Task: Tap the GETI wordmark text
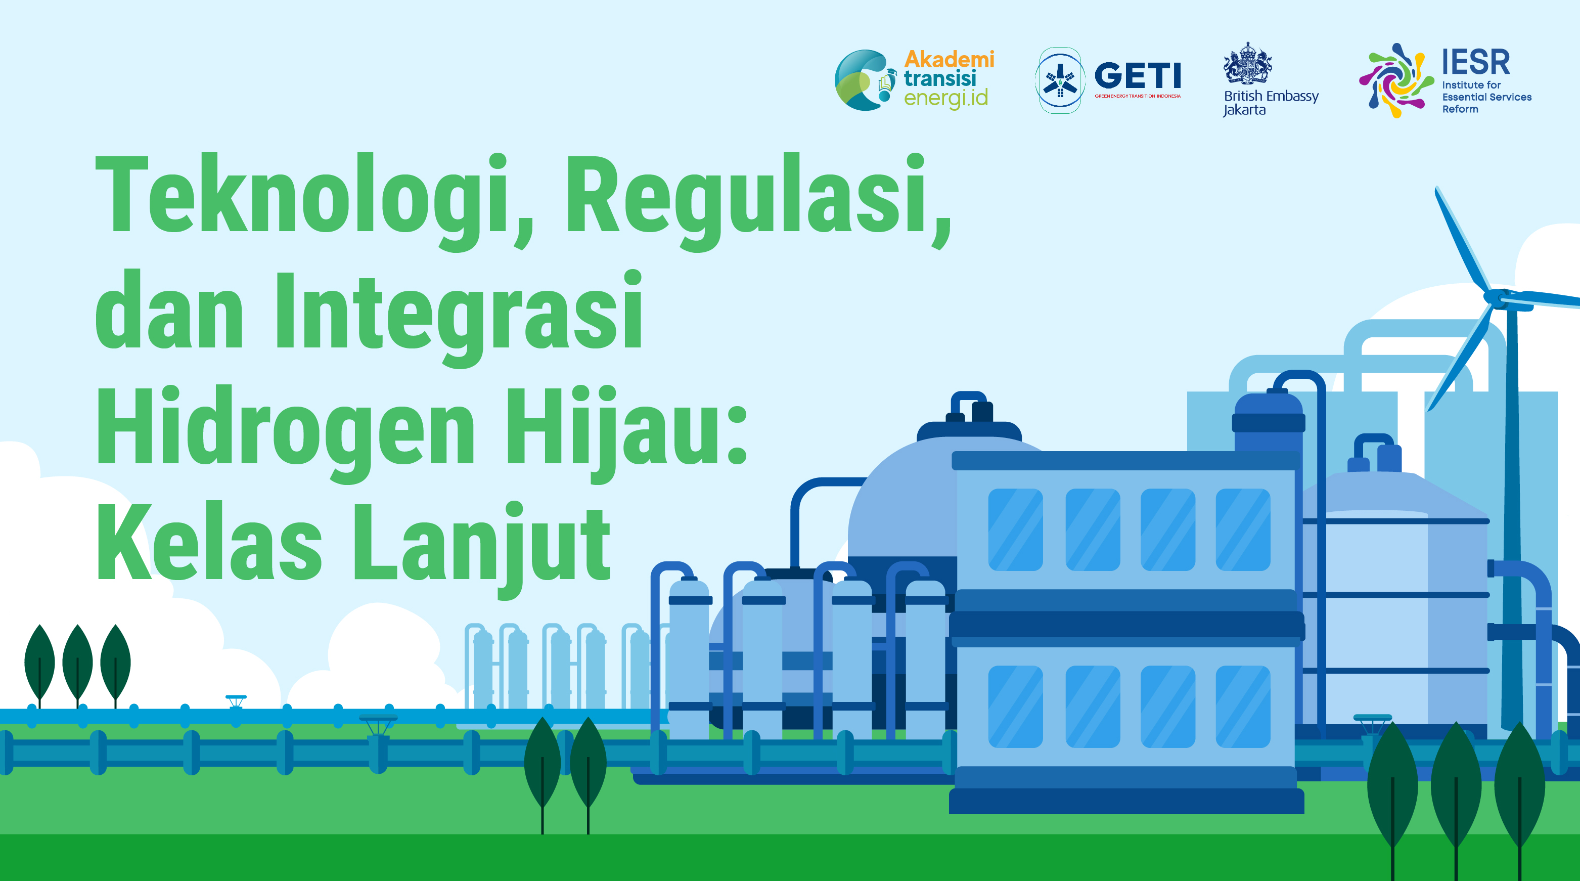click(1138, 75)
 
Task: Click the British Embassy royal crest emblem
click(1247, 63)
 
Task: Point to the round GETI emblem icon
click(1059, 80)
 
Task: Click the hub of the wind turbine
click(1497, 299)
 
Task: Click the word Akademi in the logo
click(949, 60)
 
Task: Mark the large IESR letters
click(1476, 61)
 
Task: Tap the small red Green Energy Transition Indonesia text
click(1138, 96)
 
